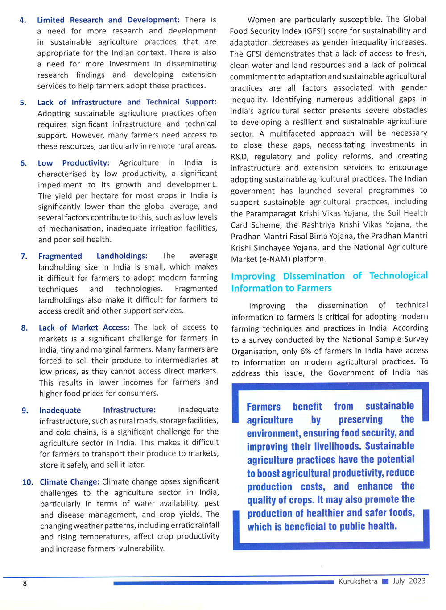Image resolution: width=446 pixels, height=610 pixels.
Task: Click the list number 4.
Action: coord(22,21)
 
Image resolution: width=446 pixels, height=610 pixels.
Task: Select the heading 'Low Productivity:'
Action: coord(73,163)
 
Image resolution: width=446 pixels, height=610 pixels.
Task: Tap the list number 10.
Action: coord(28,482)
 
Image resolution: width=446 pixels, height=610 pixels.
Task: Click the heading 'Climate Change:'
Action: coord(70,482)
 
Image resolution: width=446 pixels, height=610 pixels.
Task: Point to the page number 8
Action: coord(25,584)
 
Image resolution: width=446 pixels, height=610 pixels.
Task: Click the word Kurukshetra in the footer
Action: coord(358,581)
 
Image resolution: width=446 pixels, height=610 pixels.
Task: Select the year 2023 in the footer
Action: coord(417,581)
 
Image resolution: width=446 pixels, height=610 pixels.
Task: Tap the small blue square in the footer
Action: coord(385,581)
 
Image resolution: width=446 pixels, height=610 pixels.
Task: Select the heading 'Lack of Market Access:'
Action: coord(84,328)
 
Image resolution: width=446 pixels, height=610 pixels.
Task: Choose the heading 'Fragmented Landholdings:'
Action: coord(92,256)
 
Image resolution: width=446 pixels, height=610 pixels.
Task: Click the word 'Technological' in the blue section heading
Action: coord(398,276)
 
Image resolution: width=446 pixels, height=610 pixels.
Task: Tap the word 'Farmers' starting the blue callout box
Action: coord(264,407)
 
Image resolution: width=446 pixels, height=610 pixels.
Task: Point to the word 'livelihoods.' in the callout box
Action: coord(333,447)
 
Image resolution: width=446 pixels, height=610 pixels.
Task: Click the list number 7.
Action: coord(24,257)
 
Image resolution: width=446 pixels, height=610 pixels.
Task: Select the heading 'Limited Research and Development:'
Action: coord(108,20)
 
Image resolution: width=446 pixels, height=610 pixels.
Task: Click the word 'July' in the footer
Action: coord(398,581)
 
